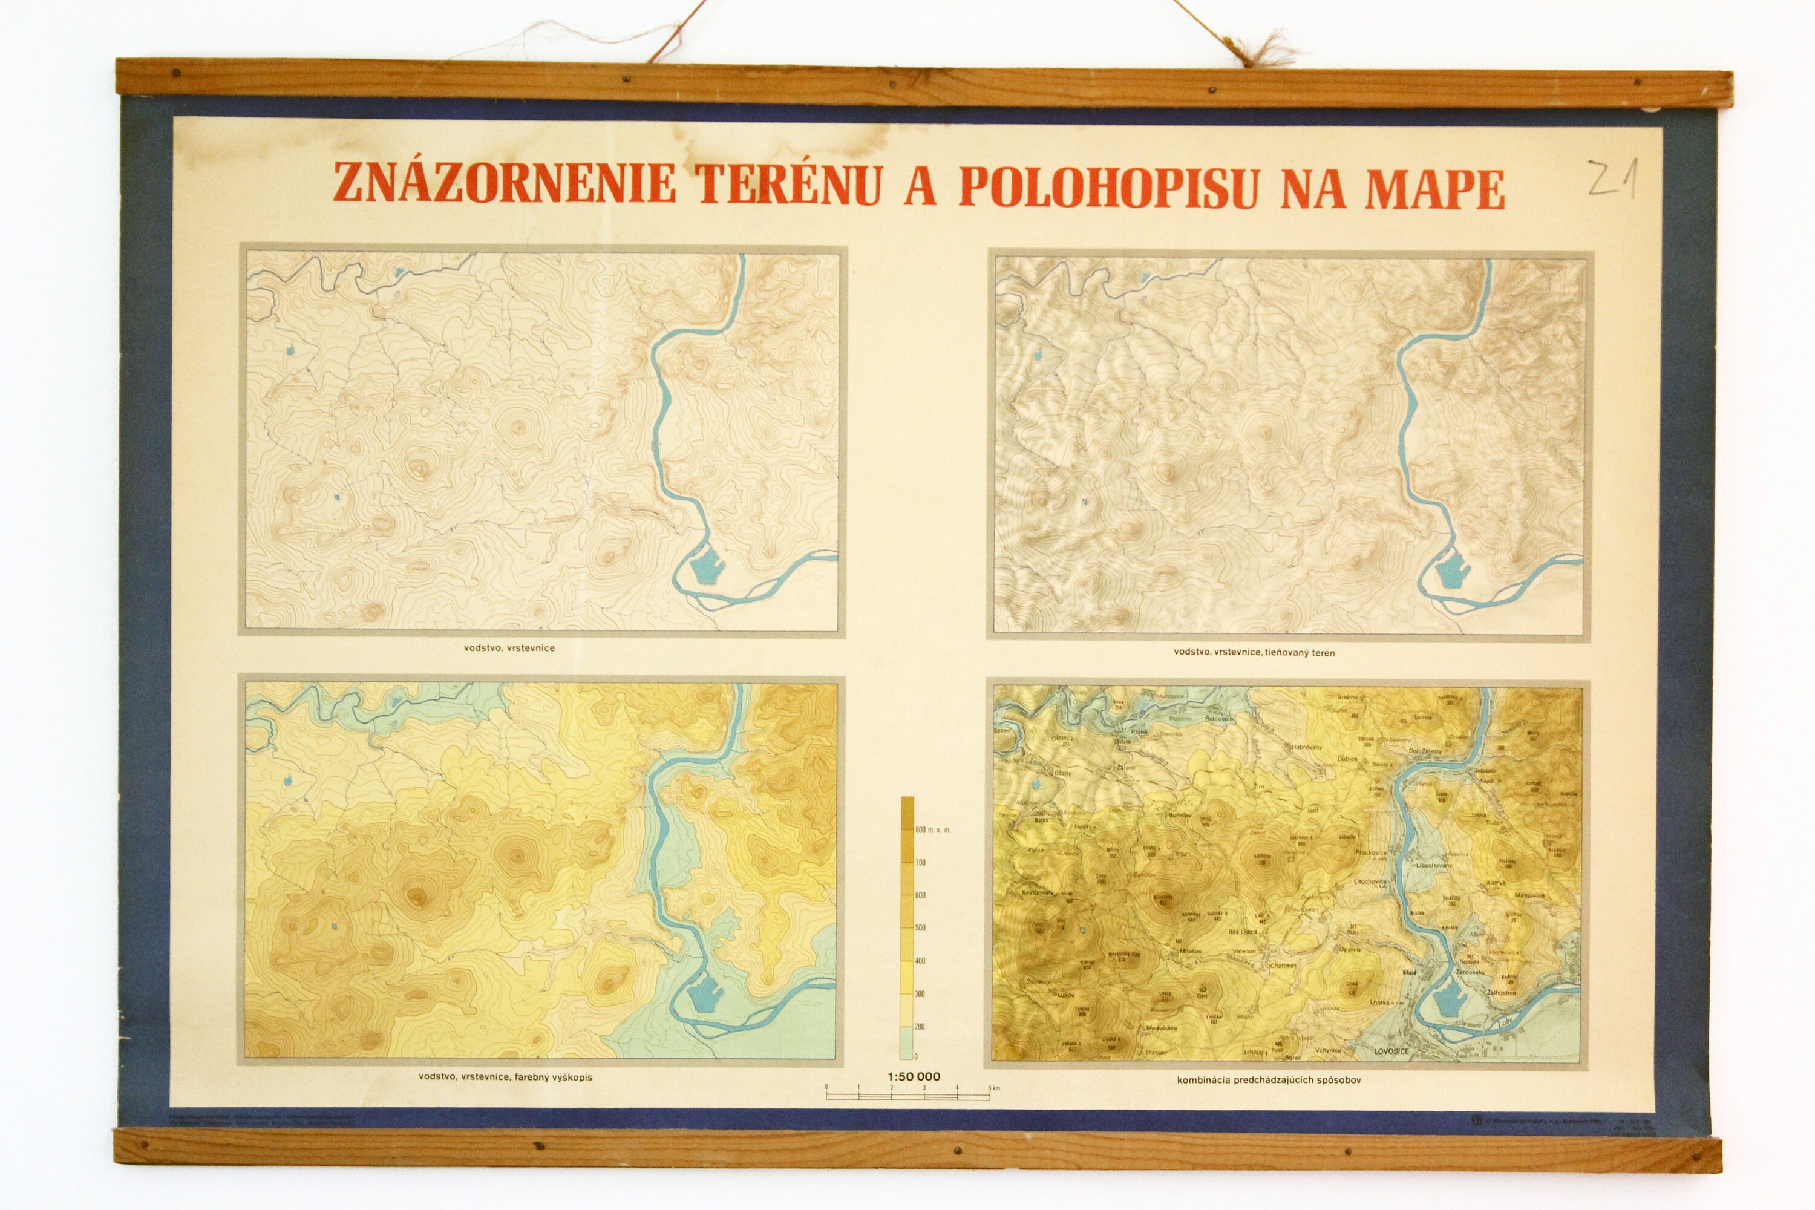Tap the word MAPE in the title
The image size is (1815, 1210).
[1434, 189]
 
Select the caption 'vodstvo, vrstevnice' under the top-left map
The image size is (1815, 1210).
[509, 647]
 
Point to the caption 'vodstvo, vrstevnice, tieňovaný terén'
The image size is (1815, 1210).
[1254, 652]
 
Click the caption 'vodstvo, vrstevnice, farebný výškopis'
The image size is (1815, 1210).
[505, 1076]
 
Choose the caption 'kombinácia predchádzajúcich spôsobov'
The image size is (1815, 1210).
[1269, 1079]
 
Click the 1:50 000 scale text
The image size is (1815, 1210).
[914, 1076]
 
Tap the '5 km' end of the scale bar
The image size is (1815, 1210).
[994, 1088]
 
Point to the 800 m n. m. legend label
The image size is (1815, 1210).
[933, 830]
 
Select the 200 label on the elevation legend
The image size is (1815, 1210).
[920, 1026]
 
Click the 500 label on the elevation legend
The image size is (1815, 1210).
[920, 927]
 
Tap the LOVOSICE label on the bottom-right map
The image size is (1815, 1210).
[1391, 1051]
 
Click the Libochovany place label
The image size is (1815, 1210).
[1433, 865]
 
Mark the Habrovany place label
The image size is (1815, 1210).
[1306, 747]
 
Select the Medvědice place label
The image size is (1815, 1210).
[1162, 1028]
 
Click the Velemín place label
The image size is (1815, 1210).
[1244, 952]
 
